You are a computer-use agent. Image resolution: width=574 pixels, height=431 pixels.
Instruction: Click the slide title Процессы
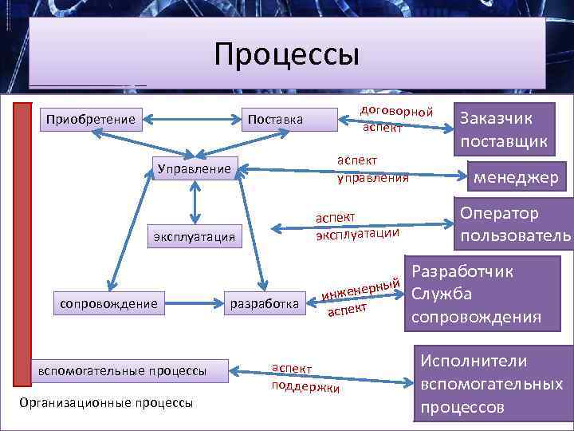point(287,54)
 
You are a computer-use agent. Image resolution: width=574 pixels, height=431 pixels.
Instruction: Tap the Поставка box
point(275,120)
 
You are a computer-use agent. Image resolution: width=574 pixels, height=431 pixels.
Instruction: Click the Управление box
point(194,168)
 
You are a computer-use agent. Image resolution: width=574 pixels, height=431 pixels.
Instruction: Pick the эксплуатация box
point(195,235)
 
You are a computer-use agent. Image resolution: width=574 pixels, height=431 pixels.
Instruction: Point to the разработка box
point(264,302)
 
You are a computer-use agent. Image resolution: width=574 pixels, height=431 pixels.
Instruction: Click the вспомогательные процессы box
point(122,370)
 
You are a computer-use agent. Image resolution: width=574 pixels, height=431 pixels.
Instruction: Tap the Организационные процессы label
point(105,402)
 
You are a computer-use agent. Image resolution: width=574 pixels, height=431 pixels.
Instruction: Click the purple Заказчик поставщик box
point(504,130)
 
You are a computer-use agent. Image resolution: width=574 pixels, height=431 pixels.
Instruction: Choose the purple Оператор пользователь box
point(514,225)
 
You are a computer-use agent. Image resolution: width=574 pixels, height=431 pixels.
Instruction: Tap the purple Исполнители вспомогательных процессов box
point(491,385)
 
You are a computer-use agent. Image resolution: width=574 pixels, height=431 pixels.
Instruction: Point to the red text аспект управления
point(372,168)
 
